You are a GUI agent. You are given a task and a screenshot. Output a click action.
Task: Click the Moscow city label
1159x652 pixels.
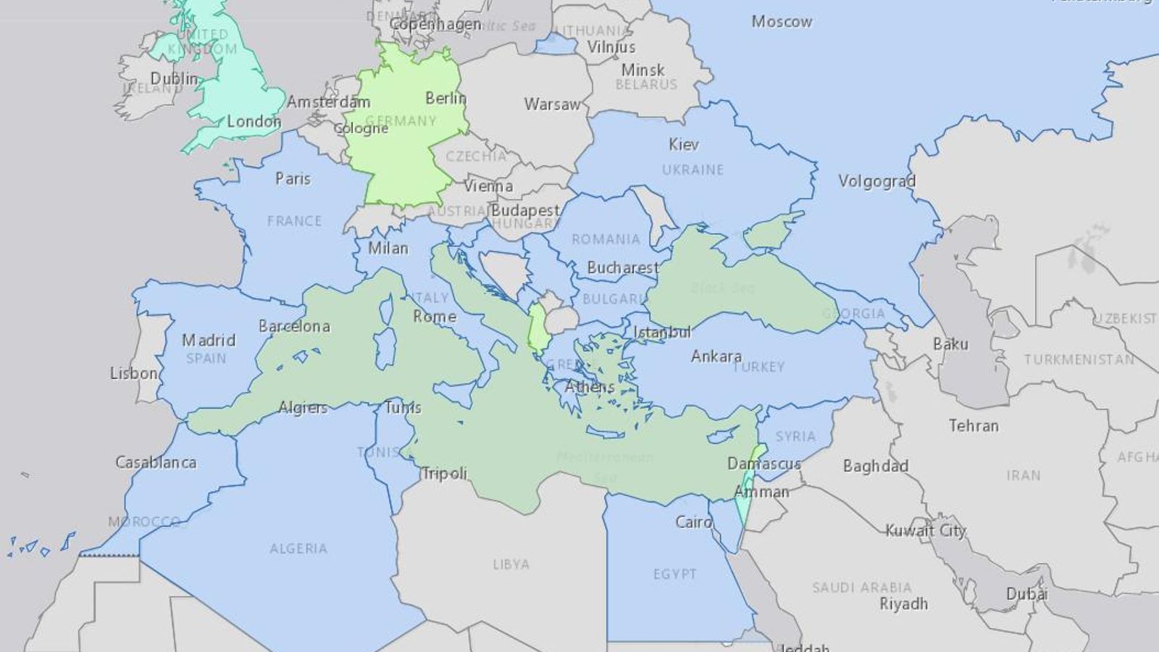(x=782, y=22)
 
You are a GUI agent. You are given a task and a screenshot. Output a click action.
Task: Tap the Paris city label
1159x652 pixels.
(x=293, y=178)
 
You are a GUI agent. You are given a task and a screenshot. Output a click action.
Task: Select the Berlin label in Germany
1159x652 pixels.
(x=445, y=98)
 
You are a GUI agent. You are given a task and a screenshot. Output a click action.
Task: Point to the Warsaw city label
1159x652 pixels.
(x=552, y=104)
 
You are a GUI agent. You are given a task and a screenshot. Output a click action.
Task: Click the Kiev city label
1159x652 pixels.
(x=684, y=144)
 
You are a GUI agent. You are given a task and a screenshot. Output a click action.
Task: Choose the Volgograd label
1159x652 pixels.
(x=876, y=180)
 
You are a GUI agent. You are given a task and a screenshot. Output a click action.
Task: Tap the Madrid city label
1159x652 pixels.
(x=209, y=340)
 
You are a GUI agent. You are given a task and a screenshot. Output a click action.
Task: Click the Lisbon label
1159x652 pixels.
(x=134, y=373)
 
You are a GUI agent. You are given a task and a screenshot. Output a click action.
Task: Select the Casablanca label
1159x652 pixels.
(x=156, y=462)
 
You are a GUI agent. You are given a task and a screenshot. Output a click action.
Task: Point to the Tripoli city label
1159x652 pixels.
(x=444, y=473)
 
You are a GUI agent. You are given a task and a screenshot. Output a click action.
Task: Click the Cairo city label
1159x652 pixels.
(x=693, y=522)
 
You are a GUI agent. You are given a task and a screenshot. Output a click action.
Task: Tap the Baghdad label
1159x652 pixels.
(x=875, y=466)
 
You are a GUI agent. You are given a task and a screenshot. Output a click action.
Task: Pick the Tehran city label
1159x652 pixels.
(x=974, y=426)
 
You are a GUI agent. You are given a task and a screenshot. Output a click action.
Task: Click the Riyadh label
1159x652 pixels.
(x=903, y=603)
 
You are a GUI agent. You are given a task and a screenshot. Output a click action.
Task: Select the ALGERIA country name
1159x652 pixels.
(x=298, y=548)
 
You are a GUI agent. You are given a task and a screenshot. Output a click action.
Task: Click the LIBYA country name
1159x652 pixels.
(x=511, y=564)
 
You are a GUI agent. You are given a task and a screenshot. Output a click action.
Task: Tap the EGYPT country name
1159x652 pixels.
(x=674, y=574)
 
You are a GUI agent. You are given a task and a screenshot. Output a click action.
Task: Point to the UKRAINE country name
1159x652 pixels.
(x=693, y=170)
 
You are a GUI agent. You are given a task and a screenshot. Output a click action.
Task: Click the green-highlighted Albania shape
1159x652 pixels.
(x=538, y=327)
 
